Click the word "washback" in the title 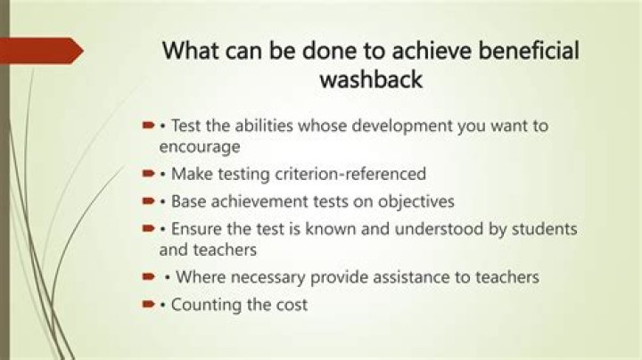pos(370,79)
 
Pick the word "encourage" pos(199,146)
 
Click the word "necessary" pos(261,277)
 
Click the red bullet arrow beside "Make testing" pos(149,172)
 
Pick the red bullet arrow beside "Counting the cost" pos(149,305)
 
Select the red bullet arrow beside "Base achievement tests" pos(149,200)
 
